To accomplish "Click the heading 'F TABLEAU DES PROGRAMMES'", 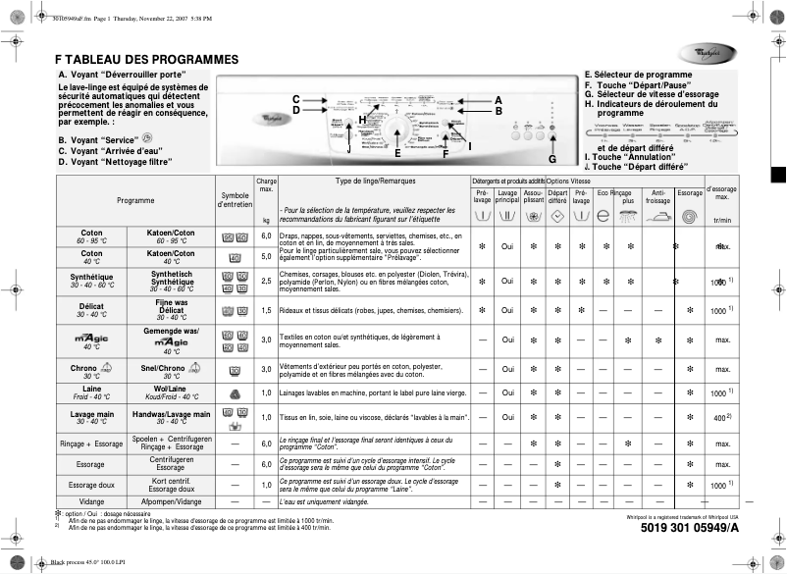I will pos(147,59).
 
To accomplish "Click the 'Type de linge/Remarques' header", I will pos(375,182).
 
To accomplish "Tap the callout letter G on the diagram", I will pos(551,159).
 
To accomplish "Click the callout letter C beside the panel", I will pos(295,99).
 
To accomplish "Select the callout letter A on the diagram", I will pos(498,99).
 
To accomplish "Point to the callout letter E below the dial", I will pos(397,153).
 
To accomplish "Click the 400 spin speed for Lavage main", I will pos(720,418).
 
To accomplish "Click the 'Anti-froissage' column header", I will pos(658,198).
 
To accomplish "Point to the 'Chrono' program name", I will pos(84,367).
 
